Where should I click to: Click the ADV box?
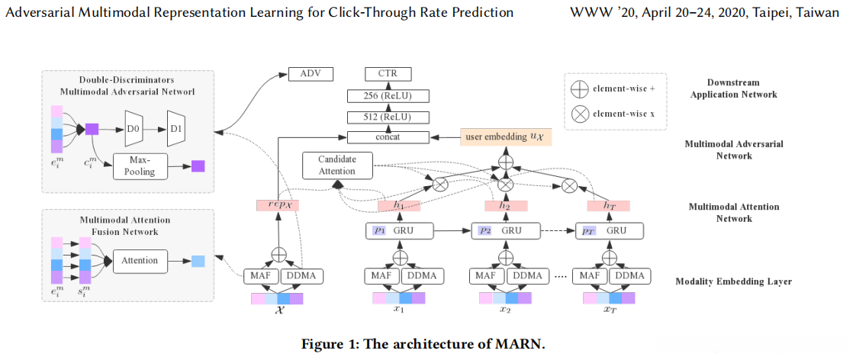pyautogui.click(x=311, y=73)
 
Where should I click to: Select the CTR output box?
pyautogui.click(x=388, y=73)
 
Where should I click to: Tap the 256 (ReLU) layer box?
pyautogui.click(x=388, y=96)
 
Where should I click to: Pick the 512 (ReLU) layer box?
pyautogui.click(x=388, y=117)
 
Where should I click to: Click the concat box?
pyautogui.click(x=388, y=137)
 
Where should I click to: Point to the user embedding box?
pyautogui.click(x=506, y=137)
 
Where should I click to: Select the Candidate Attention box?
pyautogui.click(x=337, y=165)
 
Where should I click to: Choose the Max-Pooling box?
pyautogui.click(x=140, y=166)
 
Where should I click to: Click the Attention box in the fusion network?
pyautogui.click(x=140, y=261)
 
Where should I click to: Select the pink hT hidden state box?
pyautogui.click(x=608, y=206)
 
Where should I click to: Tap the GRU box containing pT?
pyautogui.click(x=610, y=230)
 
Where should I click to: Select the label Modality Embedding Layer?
pyautogui.click(x=733, y=281)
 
